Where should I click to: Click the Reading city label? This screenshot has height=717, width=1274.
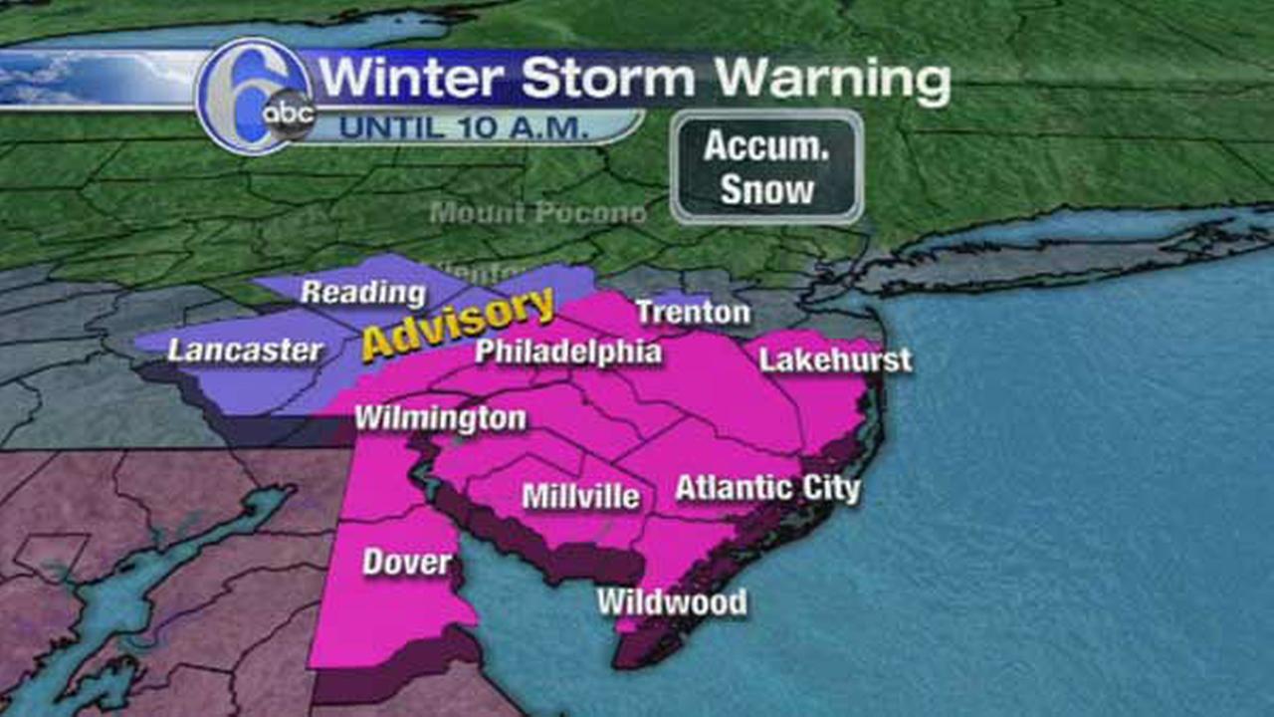(x=362, y=293)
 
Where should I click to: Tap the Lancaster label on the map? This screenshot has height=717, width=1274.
(x=245, y=351)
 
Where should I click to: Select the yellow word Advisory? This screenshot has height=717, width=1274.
(x=458, y=324)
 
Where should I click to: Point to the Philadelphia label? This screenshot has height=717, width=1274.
(x=567, y=352)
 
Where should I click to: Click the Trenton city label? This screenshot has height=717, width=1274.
(x=693, y=313)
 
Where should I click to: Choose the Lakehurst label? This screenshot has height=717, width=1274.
(x=835, y=359)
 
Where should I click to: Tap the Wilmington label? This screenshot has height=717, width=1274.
(x=440, y=418)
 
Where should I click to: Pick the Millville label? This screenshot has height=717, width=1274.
(x=581, y=496)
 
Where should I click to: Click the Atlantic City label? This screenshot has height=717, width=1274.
(x=767, y=488)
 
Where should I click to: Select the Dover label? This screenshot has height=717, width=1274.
(x=406, y=563)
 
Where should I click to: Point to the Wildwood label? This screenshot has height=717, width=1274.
(x=672, y=602)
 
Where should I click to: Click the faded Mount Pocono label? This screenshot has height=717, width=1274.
(x=537, y=213)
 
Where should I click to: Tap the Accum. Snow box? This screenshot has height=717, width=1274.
(x=766, y=167)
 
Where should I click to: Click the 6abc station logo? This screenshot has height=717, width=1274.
(x=257, y=96)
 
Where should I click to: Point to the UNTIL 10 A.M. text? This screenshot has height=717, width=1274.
(x=464, y=127)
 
